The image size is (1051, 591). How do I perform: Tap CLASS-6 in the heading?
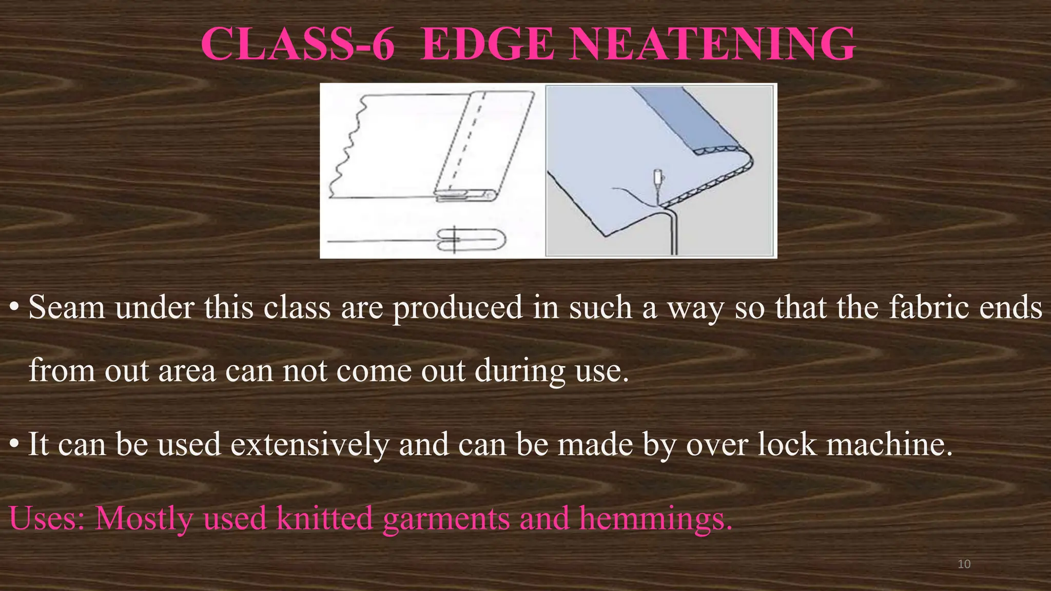[x=298, y=45]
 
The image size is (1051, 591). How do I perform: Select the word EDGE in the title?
[x=487, y=45]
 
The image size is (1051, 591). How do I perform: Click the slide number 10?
[x=964, y=564]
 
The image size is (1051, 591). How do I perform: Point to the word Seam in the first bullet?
[x=66, y=308]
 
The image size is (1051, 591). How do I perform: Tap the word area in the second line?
[x=187, y=370]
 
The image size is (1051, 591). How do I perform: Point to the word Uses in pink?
[x=47, y=518]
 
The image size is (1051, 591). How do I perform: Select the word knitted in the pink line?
[x=324, y=518]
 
